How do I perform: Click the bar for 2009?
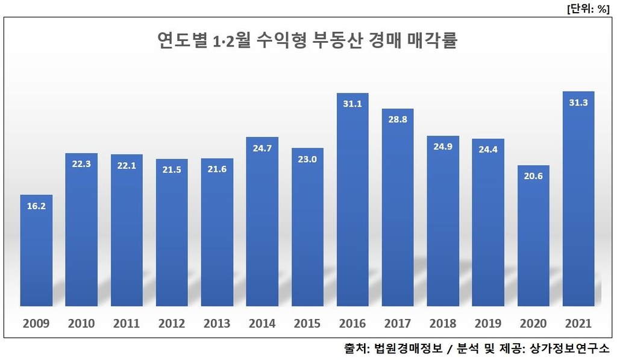(x=36, y=250)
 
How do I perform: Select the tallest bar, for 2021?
(x=578, y=199)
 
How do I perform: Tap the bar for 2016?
(x=352, y=199)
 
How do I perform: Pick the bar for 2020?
(x=533, y=235)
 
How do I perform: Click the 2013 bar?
(x=217, y=232)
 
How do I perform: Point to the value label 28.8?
(x=398, y=119)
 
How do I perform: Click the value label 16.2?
(x=36, y=205)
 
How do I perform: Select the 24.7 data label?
(x=262, y=148)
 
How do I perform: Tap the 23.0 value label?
(x=307, y=159)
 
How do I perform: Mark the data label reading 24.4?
(x=488, y=150)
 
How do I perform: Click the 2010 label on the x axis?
(x=81, y=324)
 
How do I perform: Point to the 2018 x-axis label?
(x=443, y=324)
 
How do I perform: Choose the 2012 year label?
(x=172, y=324)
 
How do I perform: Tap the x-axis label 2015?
(x=307, y=324)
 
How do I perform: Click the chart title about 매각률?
(x=307, y=42)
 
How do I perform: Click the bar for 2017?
(x=398, y=208)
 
